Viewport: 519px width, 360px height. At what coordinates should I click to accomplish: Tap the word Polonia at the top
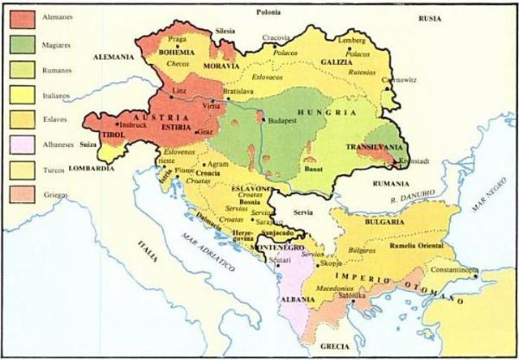pos(268,12)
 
